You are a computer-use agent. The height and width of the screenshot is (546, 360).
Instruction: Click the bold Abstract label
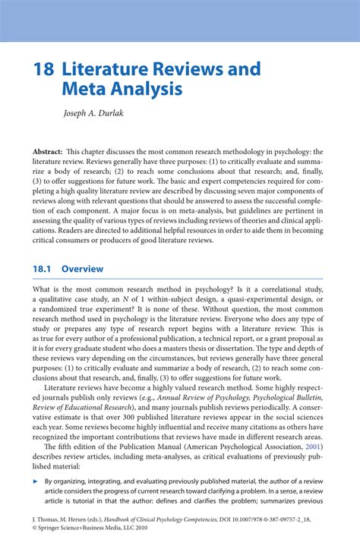tap(48, 151)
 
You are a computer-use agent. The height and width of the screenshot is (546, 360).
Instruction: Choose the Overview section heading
tap(82, 269)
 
